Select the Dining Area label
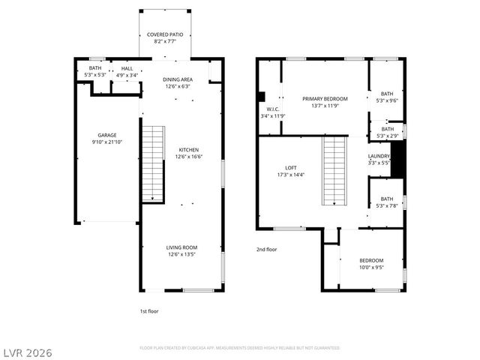(x=178, y=79)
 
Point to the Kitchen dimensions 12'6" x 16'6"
(x=182, y=157)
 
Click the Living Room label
(x=181, y=247)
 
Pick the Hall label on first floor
(x=126, y=67)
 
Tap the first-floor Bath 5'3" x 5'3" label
(x=95, y=67)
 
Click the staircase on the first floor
(x=153, y=163)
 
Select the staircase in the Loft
(x=334, y=170)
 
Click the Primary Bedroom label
(x=325, y=99)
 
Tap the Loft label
(x=291, y=167)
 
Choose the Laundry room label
(x=379, y=155)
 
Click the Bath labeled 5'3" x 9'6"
(x=387, y=94)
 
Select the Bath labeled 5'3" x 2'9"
(x=387, y=129)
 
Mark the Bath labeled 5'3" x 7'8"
(x=387, y=199)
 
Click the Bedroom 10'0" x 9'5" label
(x=370, y=260)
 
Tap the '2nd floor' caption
(x=267, y=249)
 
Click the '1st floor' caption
(x=149, y=310)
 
